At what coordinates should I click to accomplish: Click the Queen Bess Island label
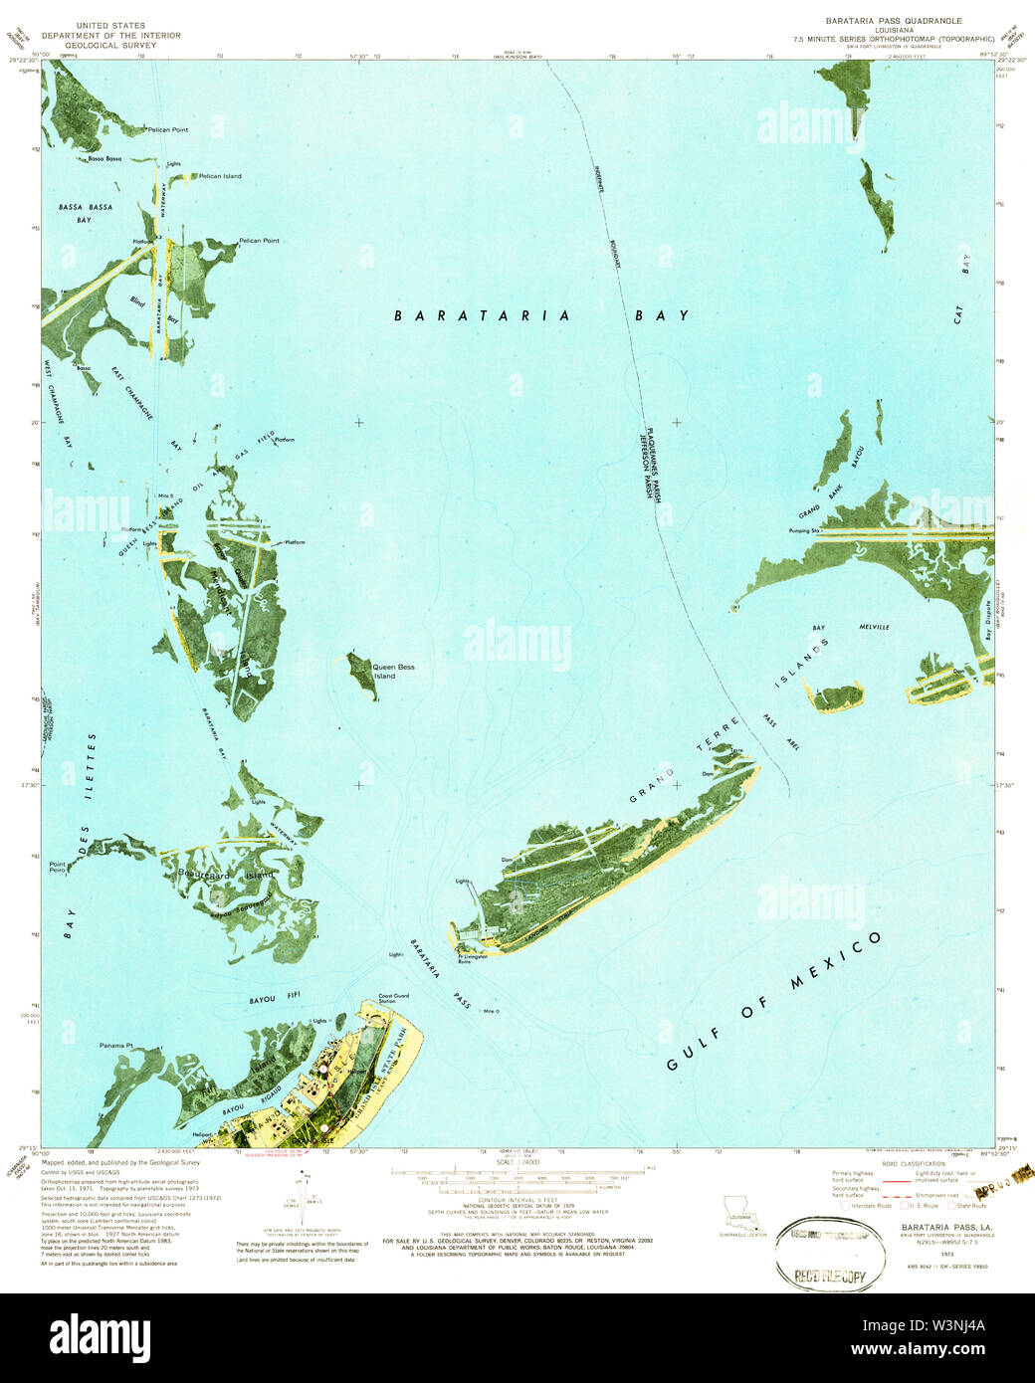(x=393, y=671)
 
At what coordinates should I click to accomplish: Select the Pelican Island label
(x=220, y=176)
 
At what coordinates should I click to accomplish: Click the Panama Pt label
(x=116, y=1046)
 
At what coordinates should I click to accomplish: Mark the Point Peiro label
(x=59, y=867)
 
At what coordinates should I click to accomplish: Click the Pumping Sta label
(x=802, y=531)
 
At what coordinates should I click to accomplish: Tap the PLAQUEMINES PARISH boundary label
(x=647, y=453)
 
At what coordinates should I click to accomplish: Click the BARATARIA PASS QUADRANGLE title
(x=894, y=20)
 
